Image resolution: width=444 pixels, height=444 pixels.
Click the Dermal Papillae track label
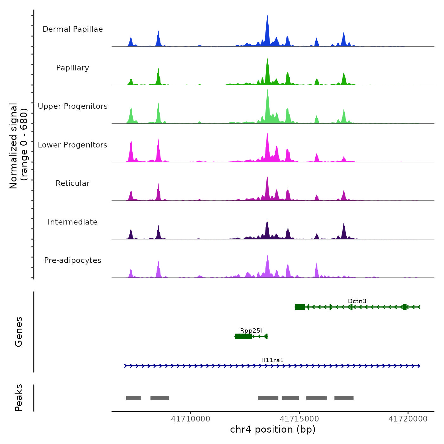[73, 29]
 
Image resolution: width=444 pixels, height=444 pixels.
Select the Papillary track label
[73, 68]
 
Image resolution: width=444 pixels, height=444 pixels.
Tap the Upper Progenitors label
[73, 106]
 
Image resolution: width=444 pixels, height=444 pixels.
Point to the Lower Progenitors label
[73, 145]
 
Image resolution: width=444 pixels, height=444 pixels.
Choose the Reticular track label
[73, 183]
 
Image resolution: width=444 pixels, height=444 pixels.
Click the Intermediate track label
[73, 222]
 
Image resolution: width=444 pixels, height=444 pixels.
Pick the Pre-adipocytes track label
[73, 260]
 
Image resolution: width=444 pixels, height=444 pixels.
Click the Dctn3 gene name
[357, 301]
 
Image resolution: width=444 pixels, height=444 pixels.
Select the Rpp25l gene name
[251, 330]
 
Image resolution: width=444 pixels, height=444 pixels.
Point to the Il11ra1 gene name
[273, 360]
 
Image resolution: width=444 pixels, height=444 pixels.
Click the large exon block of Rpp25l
[243, 336]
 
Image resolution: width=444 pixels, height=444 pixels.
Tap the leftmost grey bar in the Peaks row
[133, 398]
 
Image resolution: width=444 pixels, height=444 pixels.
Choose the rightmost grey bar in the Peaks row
[344, 398]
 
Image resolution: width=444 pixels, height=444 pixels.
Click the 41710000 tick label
[191, 419]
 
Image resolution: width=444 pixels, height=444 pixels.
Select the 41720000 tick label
[408, 419]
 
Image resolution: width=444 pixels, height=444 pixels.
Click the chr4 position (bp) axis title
[273, 429]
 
